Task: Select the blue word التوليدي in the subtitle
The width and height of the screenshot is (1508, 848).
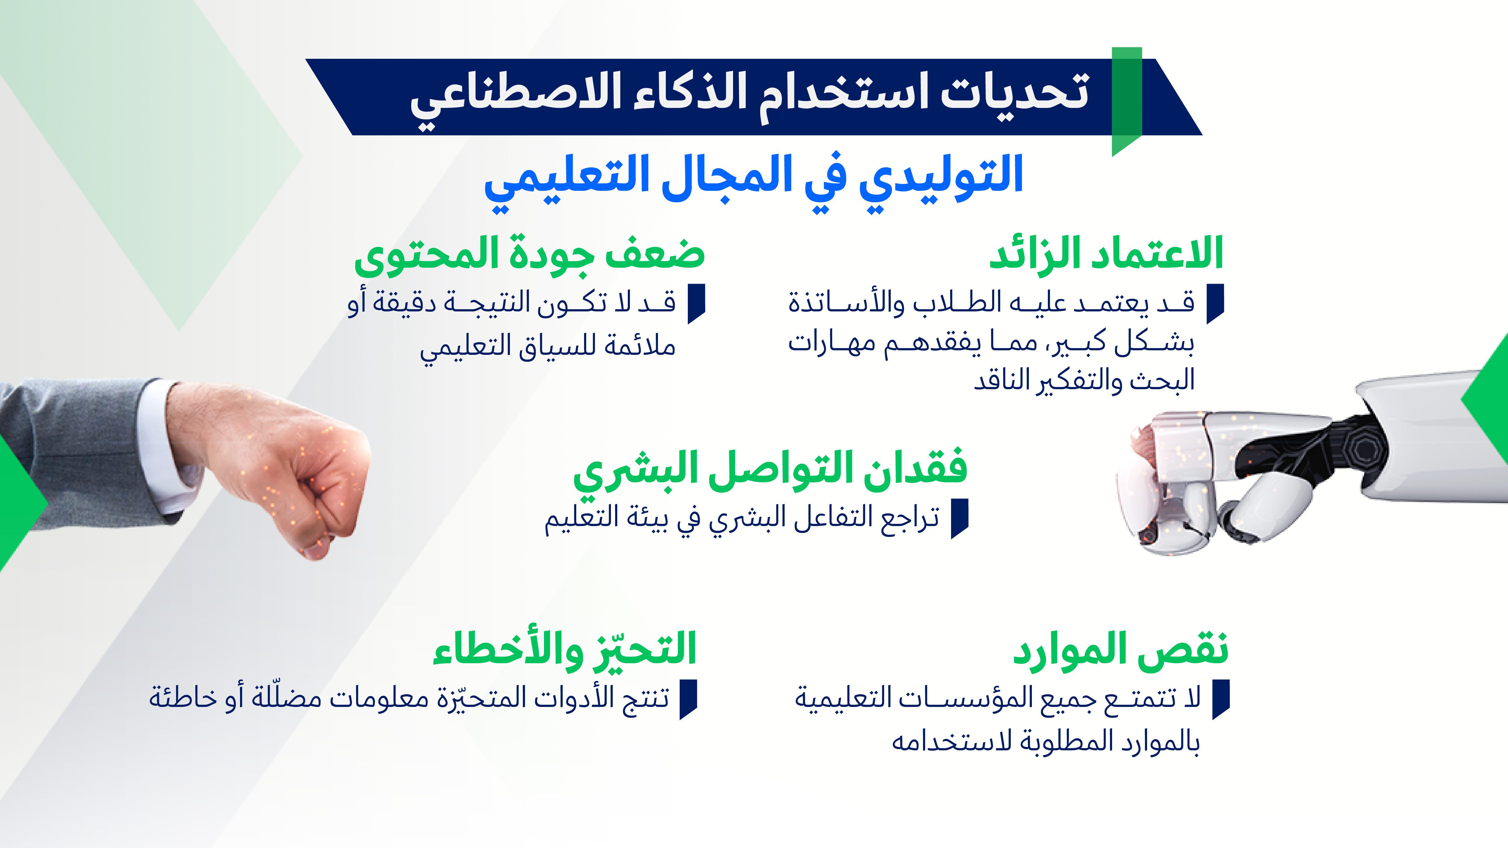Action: pos(941,175)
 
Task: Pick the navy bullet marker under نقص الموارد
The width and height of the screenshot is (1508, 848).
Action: pos(1221,698)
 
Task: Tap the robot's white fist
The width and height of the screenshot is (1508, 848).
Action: pos(1177,480)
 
